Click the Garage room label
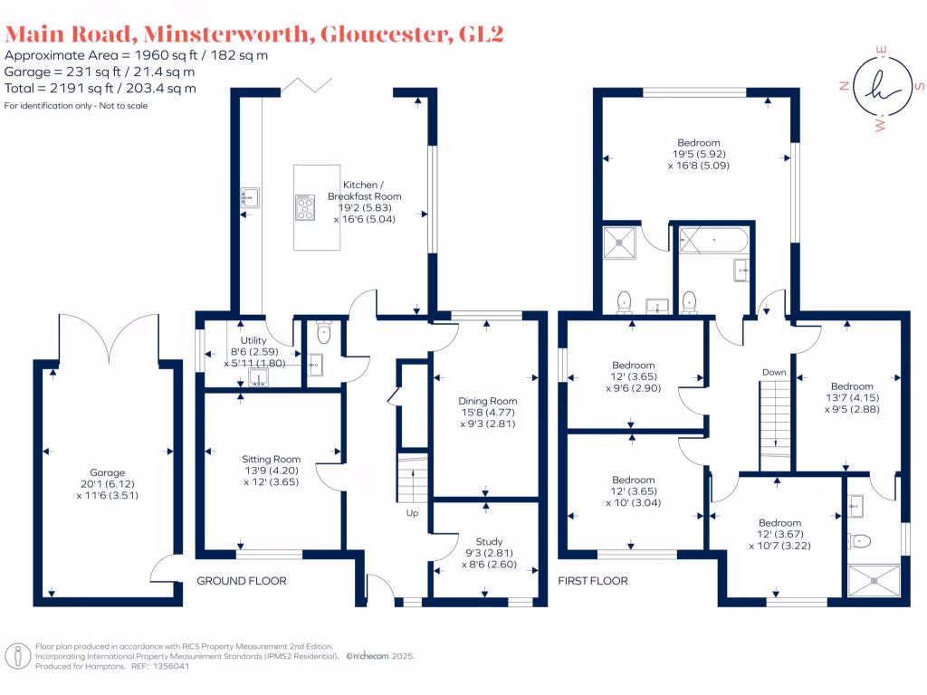108,471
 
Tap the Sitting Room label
271,459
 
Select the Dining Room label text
487,401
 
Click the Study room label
489,542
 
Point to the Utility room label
253,339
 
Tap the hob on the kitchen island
305,207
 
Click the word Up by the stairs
412,513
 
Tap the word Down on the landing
774,372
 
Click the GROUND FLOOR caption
242,581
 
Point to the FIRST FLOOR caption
593,581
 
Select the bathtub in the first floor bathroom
714,241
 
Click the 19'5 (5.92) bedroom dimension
698,154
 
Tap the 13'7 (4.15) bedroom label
852,397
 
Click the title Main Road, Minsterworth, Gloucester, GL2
253,34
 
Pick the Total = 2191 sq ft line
100,89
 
